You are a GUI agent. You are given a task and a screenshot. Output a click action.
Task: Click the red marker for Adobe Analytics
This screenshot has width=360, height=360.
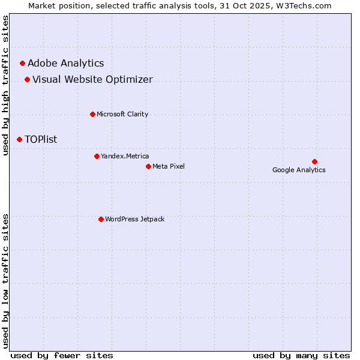23,63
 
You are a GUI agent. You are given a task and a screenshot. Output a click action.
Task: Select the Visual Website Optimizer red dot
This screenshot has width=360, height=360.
28,79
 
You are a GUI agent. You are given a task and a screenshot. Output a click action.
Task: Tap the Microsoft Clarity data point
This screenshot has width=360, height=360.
92,114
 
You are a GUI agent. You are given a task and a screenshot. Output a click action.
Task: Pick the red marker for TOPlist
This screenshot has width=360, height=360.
20,139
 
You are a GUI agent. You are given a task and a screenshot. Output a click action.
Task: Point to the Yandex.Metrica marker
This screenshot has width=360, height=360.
97,156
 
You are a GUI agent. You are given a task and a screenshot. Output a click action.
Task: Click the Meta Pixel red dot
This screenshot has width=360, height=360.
148,166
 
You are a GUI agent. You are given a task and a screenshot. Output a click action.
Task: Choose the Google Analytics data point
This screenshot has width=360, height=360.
314,161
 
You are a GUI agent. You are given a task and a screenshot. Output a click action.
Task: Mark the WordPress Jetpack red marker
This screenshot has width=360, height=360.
101,219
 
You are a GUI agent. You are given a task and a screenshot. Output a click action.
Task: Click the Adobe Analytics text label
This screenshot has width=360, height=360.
66,63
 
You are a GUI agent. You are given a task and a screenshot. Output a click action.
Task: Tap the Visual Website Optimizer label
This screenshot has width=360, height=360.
92,79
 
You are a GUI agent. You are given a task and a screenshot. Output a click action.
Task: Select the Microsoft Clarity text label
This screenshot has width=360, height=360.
122,114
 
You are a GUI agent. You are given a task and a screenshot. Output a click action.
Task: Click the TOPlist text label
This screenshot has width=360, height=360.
41,139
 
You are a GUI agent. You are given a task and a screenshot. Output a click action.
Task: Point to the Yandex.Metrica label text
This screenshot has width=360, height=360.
125,156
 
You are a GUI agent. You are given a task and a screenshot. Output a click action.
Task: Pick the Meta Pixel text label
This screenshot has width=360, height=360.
169,166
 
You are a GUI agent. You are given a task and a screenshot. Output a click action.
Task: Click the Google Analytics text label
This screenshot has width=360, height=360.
299,170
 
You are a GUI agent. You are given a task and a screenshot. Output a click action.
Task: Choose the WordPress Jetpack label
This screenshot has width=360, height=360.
134,219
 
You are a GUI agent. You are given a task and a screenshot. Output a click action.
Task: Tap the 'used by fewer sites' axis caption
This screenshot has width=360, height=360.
62,355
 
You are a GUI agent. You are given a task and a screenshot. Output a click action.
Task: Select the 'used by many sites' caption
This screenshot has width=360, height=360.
301,355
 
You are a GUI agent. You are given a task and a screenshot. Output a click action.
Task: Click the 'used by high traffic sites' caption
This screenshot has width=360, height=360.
5,85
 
